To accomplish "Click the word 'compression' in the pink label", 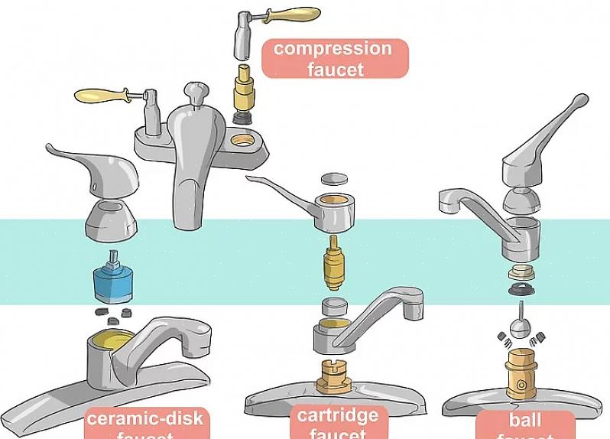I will point(333,49).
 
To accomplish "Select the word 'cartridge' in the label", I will point(337,416).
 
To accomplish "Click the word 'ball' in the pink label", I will point(525,420).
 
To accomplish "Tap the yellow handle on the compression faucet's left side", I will point(100,96).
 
